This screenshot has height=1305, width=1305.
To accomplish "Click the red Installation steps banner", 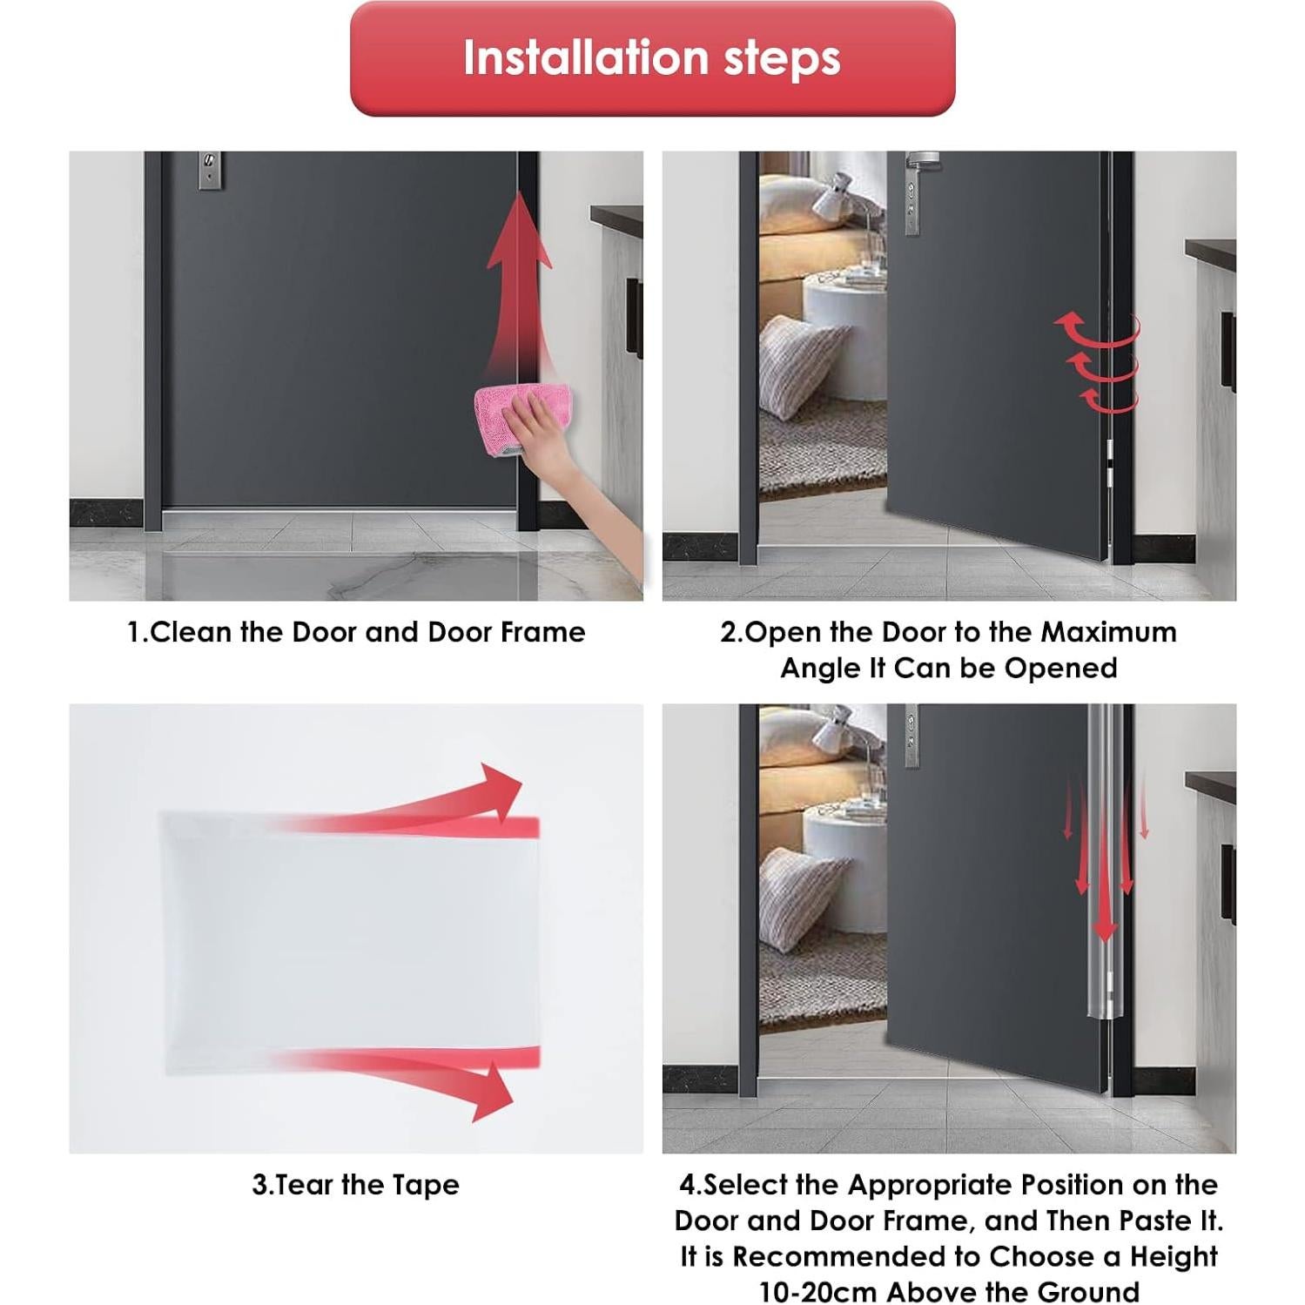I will coord(652,59).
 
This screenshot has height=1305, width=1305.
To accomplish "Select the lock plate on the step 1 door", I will coord(209,170).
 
